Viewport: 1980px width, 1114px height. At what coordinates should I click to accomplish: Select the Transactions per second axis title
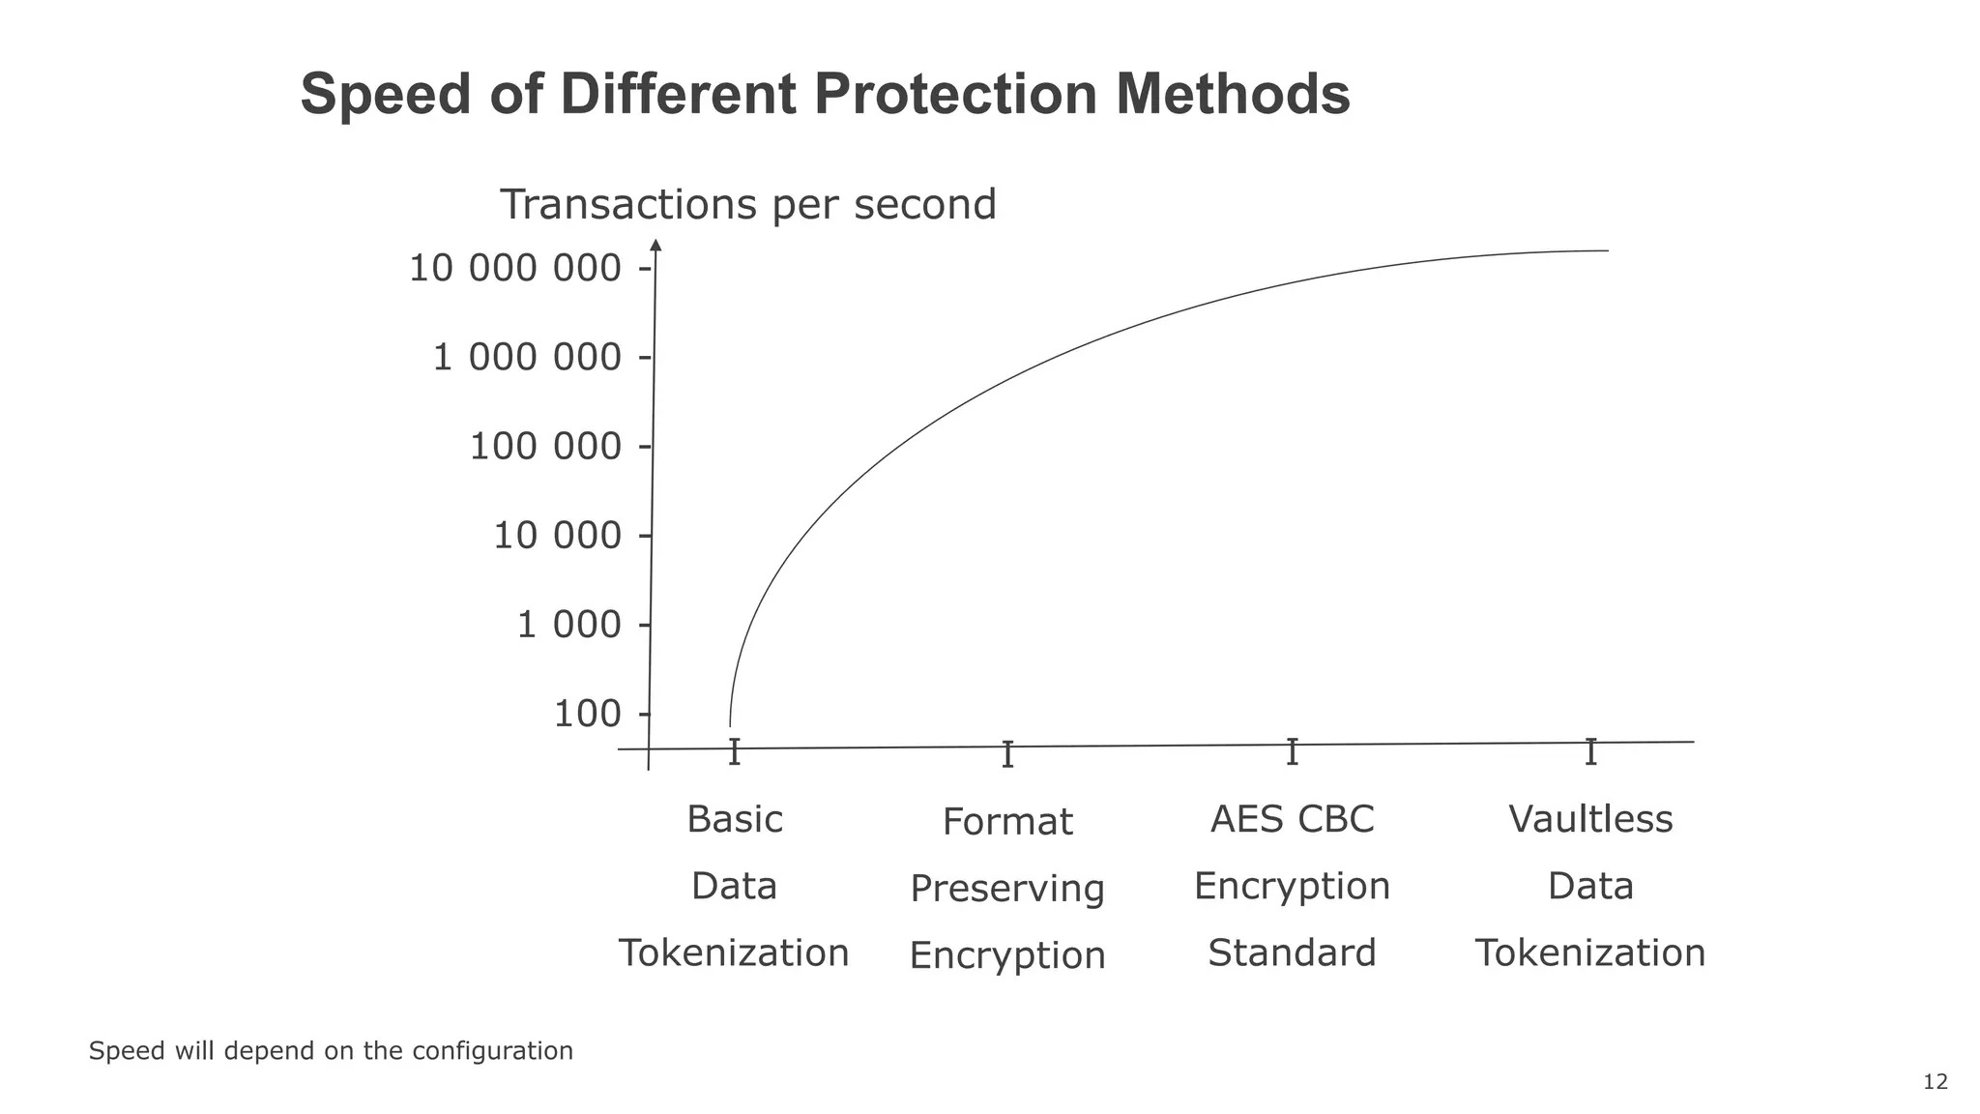(x=747, y=205)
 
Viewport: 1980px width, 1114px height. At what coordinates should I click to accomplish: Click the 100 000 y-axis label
(x=545, y=447)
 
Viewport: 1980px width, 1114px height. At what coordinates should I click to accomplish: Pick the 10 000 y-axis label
(x=557, y=536)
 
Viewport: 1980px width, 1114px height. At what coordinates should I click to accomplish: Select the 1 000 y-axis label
(x=568, y=626)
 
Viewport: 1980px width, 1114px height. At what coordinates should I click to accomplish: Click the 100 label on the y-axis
(x=587, y=715)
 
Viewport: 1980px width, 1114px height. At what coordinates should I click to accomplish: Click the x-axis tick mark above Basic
(x=735, y=751)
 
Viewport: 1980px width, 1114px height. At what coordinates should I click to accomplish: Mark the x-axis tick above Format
(x=1007, y=754)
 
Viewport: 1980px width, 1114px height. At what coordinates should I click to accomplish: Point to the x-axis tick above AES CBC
(x=1292, y=751)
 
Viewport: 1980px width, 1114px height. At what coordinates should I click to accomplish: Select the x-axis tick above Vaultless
(x=1590, y=751)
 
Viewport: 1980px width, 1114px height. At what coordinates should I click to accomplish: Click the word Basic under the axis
(x=735, y=820)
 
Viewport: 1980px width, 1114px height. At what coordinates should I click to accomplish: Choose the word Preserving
(x=1007, y=889)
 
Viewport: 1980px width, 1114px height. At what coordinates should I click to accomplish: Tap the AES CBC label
(x=1292, y=820)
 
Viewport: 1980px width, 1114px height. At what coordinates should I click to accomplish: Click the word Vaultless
(x=1590, y=820)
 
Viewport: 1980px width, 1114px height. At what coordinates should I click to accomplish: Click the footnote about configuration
(x=331, y=1051)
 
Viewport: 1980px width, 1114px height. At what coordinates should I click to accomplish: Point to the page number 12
(x=1936, y=1082)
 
